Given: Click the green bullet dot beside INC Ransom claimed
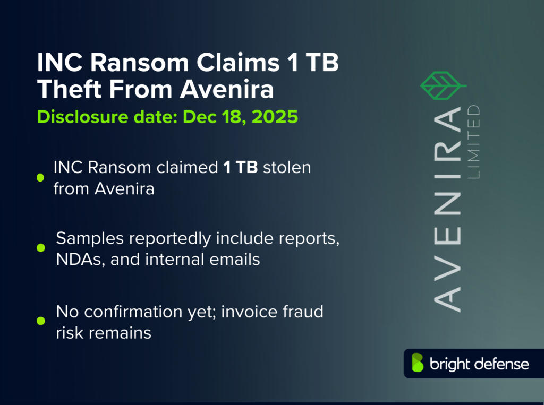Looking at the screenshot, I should click(x=40, y=178).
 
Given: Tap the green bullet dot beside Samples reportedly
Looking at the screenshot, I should click(x=40, y=248).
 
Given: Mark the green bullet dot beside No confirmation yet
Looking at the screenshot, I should click(x=40, y=320).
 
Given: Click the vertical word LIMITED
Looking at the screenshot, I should click(x=473, y=141).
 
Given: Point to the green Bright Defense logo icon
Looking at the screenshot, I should click(x=418, y=363).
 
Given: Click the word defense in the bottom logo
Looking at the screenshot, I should click(x=501, y=364).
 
